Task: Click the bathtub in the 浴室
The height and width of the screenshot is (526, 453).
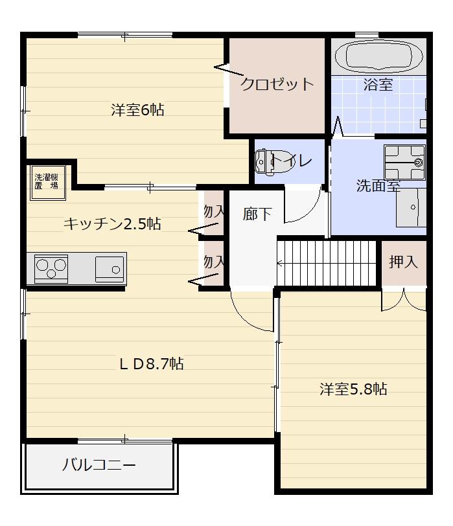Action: point(379,56)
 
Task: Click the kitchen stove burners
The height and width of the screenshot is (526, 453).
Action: point(52,268)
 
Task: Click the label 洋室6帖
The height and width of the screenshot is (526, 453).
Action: point(137,110)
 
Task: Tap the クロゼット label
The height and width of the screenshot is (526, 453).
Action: point(277,84)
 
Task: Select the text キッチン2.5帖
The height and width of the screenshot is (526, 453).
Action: point(112,224)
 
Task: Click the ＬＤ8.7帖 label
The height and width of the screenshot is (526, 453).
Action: point(151,364)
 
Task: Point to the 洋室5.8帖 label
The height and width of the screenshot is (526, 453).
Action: point(353,389)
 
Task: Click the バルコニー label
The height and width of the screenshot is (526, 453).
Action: point(99,466)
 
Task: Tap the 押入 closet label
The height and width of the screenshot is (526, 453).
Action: point(403,262)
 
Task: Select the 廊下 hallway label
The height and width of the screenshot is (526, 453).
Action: point(257,214)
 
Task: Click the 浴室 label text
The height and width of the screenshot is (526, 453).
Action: point(378,84)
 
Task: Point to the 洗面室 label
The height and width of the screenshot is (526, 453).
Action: point(378,186)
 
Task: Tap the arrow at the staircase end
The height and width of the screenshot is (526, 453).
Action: point(280,263)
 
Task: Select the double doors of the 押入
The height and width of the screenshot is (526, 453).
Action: point(404,299)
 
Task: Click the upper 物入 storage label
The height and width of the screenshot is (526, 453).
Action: point(213,211)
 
